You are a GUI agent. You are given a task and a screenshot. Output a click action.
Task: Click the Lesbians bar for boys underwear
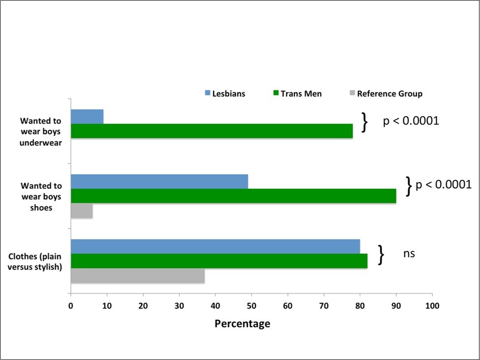pos(87,117)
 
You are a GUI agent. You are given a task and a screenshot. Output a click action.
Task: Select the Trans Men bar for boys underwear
pos(212,131)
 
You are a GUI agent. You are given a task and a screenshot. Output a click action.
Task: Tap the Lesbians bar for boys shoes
pos(160,181)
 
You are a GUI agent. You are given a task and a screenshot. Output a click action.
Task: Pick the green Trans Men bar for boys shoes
pos(233,196)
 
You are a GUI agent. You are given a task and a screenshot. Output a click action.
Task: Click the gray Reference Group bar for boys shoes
pos(82,211)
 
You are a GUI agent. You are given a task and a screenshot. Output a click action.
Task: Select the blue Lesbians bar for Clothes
pos(215,246)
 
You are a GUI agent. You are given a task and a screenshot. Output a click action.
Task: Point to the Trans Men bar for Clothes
pos(219,261)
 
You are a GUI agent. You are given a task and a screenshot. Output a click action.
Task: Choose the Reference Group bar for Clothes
pos(138,276)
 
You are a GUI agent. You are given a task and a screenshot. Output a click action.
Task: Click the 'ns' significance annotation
pos(409,254)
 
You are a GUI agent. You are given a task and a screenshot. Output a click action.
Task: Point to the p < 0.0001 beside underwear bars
pos(411,121)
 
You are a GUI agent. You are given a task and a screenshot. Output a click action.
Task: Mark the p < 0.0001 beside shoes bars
pos(444,185)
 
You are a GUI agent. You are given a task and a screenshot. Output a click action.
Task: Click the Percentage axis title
pos(242,324)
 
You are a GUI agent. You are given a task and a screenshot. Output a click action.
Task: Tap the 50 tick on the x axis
pos(252,305)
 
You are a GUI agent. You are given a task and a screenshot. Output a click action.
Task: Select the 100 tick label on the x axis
pos(432,305)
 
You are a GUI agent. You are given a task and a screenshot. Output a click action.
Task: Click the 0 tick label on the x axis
pos(71,305)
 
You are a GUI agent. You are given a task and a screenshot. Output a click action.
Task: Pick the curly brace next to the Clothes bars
pos(381,255)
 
